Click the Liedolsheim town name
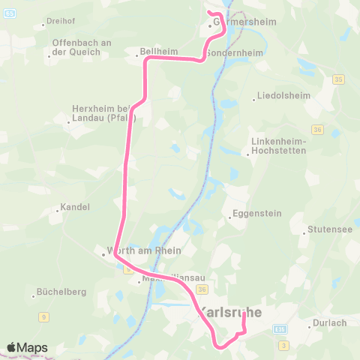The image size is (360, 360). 277,96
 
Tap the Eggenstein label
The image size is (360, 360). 257,214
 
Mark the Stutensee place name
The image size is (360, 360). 329,231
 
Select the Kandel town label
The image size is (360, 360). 75,207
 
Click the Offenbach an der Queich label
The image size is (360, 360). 82,46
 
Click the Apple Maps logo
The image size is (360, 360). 27,347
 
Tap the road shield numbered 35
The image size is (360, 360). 339,79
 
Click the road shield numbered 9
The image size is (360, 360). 44,317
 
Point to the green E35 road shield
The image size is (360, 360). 280,328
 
